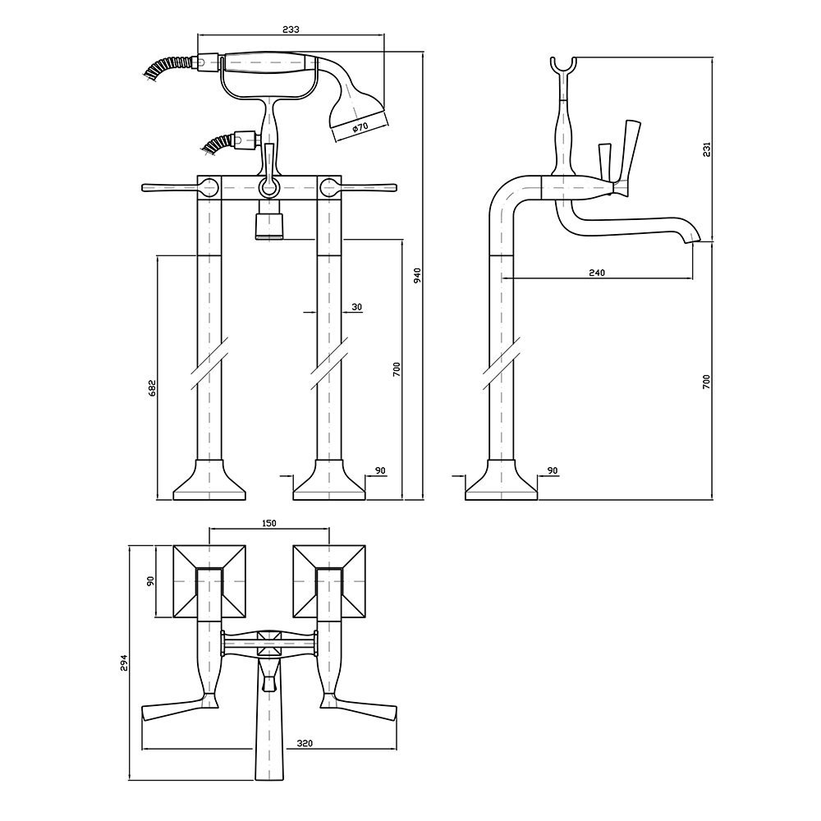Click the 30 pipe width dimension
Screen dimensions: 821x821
click(356, 307)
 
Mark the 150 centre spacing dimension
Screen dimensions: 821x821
click(269, 522)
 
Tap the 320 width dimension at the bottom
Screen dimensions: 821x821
click(304, 744)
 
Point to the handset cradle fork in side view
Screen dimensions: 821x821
click(564, 66)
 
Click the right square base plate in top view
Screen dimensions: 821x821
click(329, 581)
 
